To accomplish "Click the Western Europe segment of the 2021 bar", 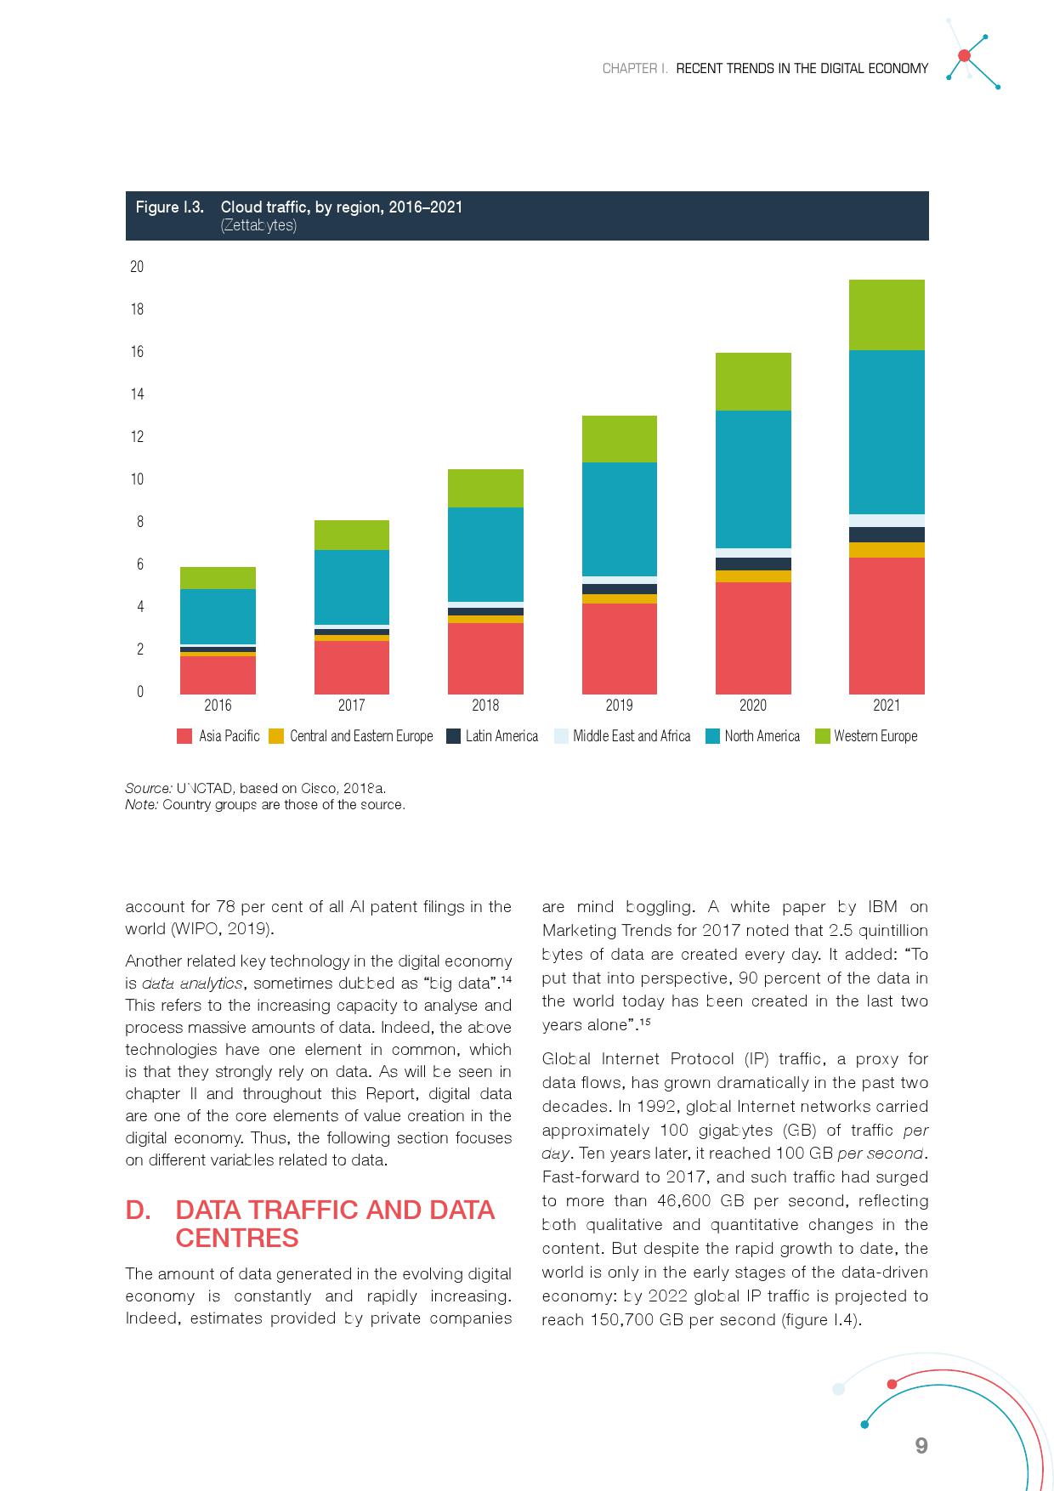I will (x=887, y=315).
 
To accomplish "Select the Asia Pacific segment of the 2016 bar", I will (x=218, y=675).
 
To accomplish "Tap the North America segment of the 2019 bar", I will (x=619, y=519).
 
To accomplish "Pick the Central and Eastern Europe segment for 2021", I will (x=887, y=550).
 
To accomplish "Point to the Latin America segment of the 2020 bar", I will (x=753, y=564).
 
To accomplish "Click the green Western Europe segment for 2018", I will (x=485, y=488).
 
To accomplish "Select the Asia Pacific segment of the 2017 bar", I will (x=351, y=667).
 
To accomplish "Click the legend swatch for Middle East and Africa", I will (x=560, y=736).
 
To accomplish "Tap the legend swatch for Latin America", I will (x=453, y=736).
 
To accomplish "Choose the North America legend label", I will (x=762, y=736).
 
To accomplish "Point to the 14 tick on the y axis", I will (x=137, y=394).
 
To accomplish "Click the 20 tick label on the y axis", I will (x=137, y=267).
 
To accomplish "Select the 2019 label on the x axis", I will (x=619, y=706).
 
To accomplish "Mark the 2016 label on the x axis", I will (x=218, y=706).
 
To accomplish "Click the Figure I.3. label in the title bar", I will (x=169, y=207).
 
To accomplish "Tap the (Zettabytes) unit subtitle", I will (x=258, y=226).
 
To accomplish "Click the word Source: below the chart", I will (x=149, y=788).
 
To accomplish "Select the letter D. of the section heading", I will (x=138, y=1210).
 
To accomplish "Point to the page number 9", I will (x=921, y=1445).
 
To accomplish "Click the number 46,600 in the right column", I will (x=684, y=1201).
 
